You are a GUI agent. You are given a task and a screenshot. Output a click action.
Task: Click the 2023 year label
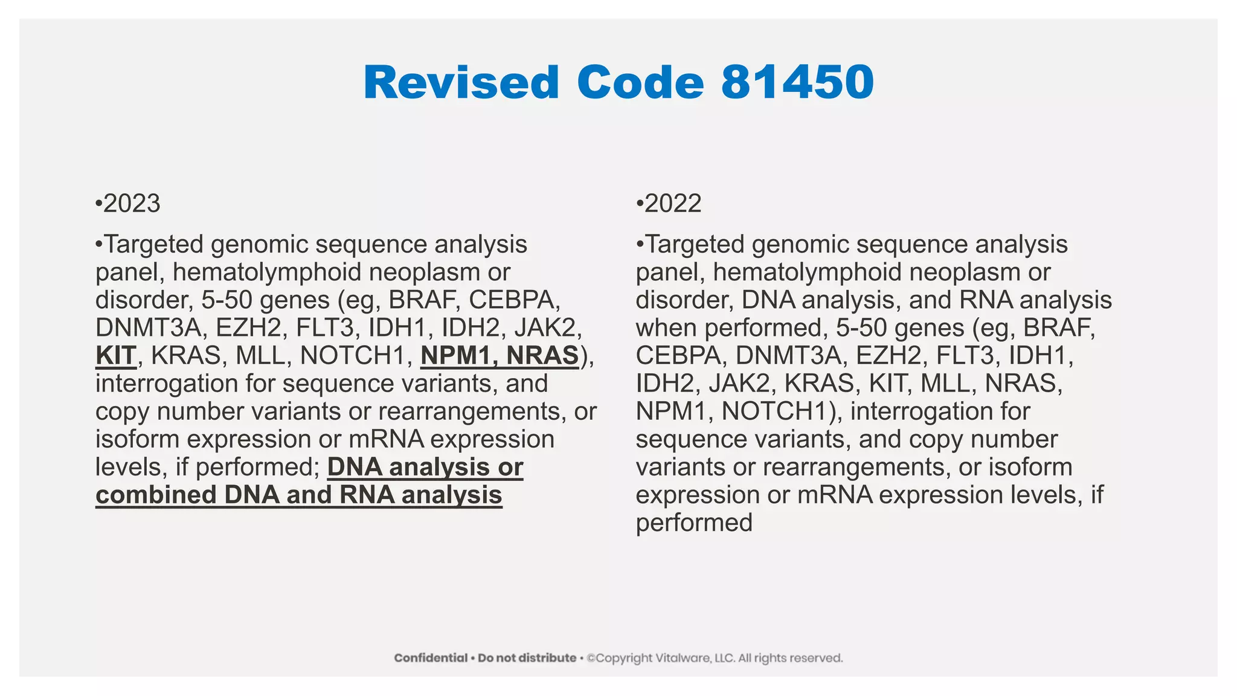[x=131, y=204]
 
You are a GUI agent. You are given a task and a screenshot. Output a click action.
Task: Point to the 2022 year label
[x=672, y=204]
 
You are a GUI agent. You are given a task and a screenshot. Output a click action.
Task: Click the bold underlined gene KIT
[x=116, y=355]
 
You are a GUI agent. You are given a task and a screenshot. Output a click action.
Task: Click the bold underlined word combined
[x=155, y=495]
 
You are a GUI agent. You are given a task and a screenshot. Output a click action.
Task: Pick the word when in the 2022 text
[x=666, y=328]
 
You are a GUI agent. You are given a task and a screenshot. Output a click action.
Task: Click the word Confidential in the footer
[x=431, y=658]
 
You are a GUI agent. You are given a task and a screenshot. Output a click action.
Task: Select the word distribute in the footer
[x=547, y=658]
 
